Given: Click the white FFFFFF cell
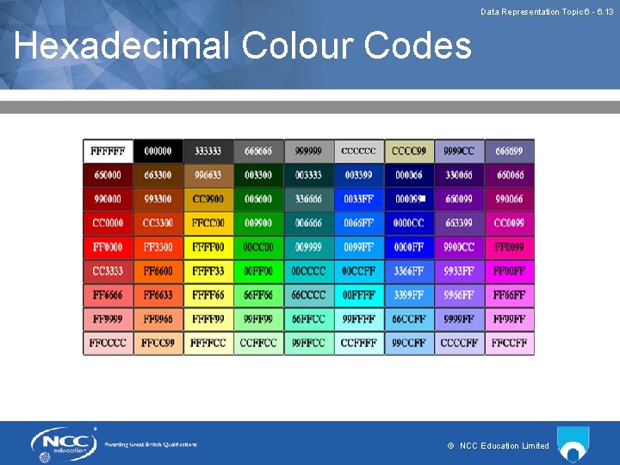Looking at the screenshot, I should (108, 151).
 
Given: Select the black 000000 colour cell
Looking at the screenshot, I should (158, 151).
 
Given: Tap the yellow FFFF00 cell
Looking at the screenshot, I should (208, 247).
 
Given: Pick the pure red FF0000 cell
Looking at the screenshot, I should (108, 247).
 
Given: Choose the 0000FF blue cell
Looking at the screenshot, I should (409, 247).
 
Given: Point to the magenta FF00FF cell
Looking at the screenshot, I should (509, 271).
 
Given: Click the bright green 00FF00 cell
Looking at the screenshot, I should (258, 271).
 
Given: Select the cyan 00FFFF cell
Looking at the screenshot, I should (358, 295).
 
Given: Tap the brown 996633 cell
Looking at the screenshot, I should (208, 175).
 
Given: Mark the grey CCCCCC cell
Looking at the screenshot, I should (358, 151).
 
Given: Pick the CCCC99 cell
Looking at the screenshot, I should (409, 151).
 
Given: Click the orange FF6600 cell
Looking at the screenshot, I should (158, 271).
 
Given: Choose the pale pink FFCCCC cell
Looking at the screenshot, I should (108, 344).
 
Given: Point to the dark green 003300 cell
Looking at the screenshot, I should (258, 175).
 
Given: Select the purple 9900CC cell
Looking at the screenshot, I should (459, 247).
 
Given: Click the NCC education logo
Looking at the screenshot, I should (65, 444).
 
